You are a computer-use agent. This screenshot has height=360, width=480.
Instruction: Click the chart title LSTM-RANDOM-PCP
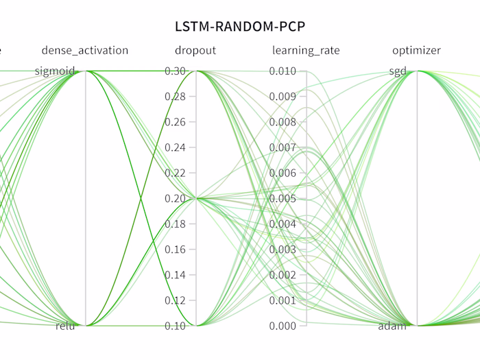[239, 26]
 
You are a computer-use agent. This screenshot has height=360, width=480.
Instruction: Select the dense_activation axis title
[85, 50]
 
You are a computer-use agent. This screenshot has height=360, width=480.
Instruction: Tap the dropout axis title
[195, 50]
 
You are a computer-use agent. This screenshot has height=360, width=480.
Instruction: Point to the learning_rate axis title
[306, 50]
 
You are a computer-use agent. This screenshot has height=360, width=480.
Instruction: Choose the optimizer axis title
[416, 50]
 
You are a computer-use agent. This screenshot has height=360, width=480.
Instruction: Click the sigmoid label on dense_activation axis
[55, 71]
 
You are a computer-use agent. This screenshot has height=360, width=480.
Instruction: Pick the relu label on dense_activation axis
[65, 326]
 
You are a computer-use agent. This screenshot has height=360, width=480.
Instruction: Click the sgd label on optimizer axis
[398, 71]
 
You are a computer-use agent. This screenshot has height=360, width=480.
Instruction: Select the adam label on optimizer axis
[392, 326]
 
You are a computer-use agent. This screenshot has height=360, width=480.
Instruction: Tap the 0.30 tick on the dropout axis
[176, 71]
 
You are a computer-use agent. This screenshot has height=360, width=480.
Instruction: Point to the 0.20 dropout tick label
[176, 199]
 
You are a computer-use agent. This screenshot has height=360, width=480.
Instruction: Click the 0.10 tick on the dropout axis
[176, 326]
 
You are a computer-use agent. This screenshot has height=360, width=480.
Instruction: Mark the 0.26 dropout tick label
[176, 122]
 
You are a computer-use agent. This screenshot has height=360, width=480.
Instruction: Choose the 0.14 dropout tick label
[176, 275]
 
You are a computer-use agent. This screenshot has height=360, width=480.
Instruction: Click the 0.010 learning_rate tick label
[283, 71]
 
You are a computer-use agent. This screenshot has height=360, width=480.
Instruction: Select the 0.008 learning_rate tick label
[283, 122]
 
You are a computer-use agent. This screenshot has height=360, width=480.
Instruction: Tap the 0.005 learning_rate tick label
[283, 199]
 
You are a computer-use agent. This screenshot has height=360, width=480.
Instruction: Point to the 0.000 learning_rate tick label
[283, 326]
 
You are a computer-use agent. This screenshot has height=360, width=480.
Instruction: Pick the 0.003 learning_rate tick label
[283, 250]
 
